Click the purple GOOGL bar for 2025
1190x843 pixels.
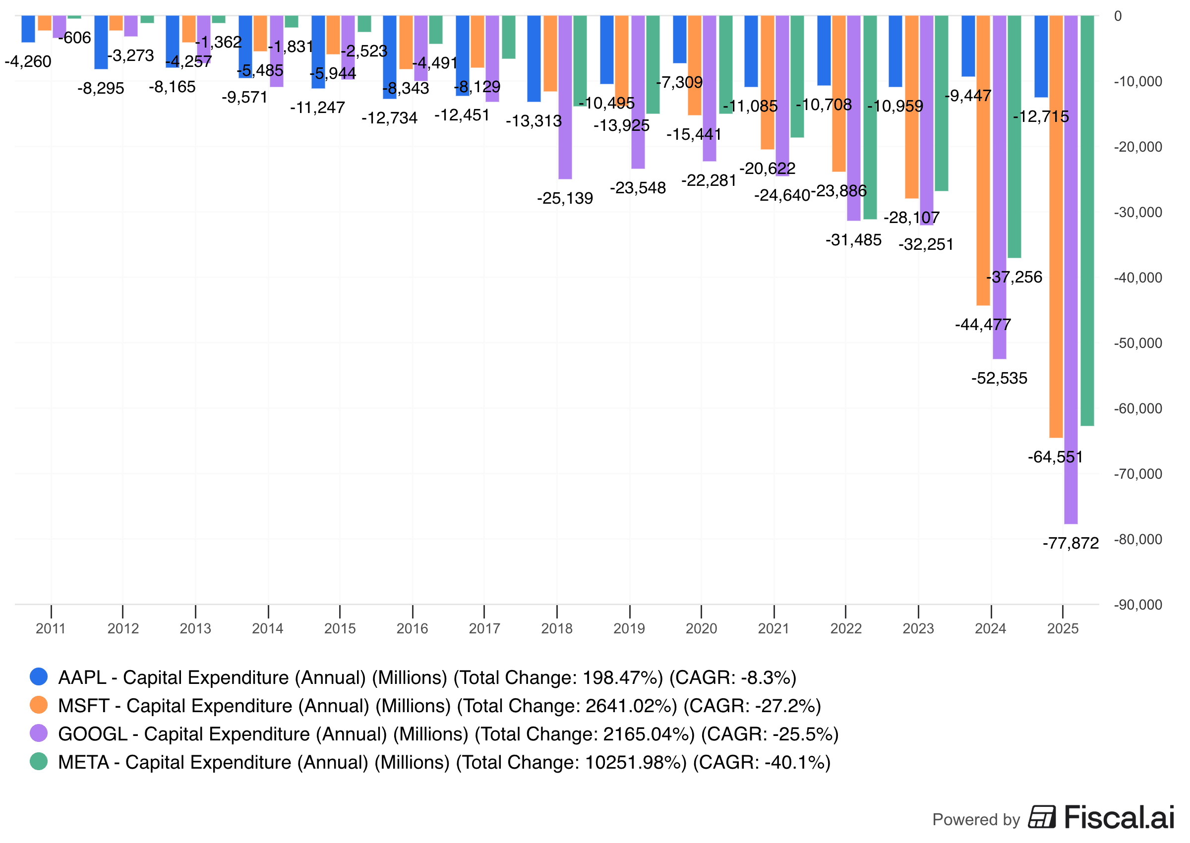(1070, 270)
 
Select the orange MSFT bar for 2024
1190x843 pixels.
(982, 161)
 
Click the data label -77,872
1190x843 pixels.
(1070, 544)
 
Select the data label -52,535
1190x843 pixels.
(999, 379)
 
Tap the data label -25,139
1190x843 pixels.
(565, 198)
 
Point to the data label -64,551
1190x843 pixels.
(1055, 457)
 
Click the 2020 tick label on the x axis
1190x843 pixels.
(701, 628)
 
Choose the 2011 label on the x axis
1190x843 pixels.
(51, 628)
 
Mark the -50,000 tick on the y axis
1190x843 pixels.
(1137, 343)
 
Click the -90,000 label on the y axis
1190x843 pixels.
(1137, 605)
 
